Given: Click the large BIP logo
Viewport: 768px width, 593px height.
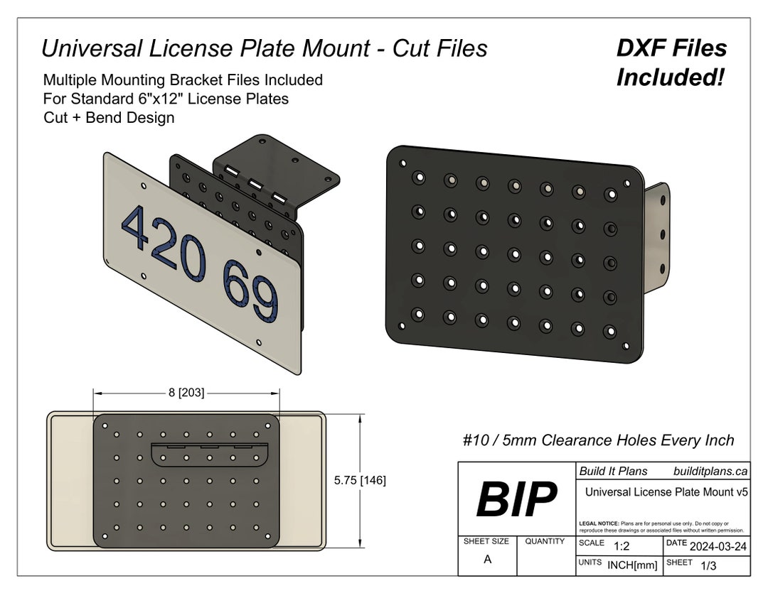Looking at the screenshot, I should (516, 499).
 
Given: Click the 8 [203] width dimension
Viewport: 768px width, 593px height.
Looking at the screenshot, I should (186, 393).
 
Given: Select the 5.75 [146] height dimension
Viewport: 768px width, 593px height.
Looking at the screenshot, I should (360, 481).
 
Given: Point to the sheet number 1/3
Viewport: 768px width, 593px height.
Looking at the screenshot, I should (708, 566).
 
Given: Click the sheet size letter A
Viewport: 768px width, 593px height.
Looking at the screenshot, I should (487, 560).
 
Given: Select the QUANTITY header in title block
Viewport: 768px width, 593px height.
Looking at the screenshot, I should (545, 541).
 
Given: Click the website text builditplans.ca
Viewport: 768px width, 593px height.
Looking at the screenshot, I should (710, 471).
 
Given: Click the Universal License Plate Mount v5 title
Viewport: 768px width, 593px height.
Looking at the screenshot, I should (666, 491).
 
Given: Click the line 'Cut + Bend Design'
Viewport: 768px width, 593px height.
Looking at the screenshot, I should (109, 118).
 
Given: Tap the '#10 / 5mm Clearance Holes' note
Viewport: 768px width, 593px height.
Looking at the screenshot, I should (597, 440).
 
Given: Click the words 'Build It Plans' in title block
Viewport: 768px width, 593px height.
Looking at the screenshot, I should (613, 471).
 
